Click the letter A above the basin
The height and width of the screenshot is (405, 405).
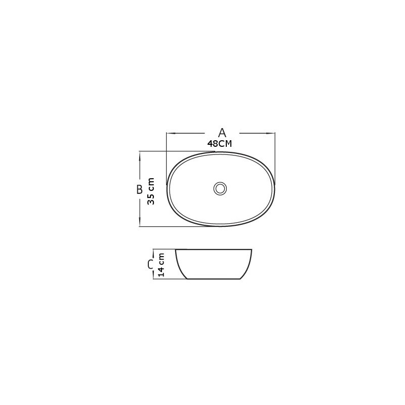coord(221,133)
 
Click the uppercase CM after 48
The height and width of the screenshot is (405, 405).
coord(225,144)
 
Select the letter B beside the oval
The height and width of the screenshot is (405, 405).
coord(139,189)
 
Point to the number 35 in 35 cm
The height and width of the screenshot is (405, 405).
coord(151,198)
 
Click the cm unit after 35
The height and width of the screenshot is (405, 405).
coord(151,183)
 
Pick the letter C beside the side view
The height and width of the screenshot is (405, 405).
coord(150,264)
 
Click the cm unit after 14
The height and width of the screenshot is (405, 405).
coord(161,258)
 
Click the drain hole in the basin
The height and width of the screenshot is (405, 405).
coord(220,188)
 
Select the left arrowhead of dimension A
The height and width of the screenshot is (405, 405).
coord(170,133)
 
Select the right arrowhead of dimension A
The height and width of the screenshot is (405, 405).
coord(272,133)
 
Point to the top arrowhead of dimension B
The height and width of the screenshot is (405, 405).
coord(140,154)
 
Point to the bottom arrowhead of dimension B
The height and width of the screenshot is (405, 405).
coord(140,224)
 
